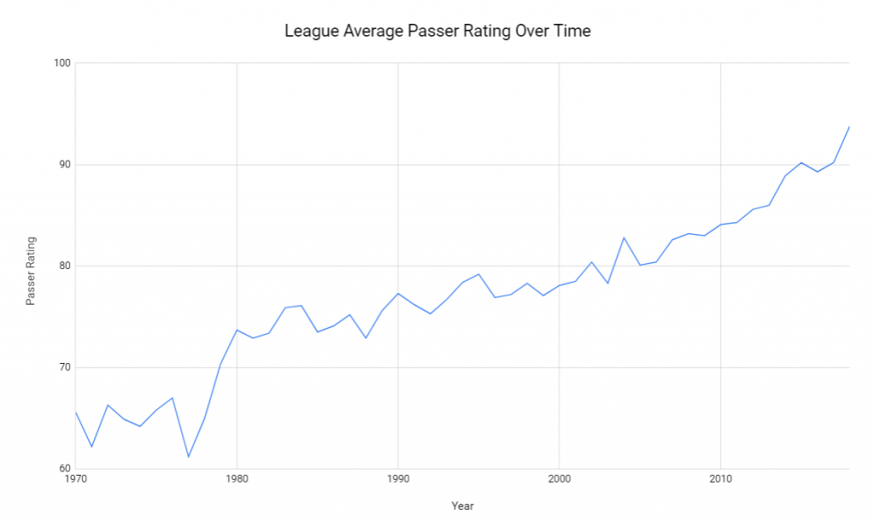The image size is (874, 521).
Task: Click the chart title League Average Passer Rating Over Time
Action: (x=437, y=32)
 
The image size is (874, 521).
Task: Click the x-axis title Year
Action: (x=462, y=506)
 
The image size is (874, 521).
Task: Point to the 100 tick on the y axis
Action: (x=61, y=63)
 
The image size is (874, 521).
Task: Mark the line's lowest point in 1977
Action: (x=189, y=457)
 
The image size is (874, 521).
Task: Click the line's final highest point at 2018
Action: (x=849, y=126)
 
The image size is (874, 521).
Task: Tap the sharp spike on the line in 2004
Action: (x=624, y=237)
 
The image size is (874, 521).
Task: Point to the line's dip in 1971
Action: (x=91, y=447)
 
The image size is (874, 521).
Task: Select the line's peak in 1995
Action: (x=479, y=274)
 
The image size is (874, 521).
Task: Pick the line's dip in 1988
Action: (x=365, y=338)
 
